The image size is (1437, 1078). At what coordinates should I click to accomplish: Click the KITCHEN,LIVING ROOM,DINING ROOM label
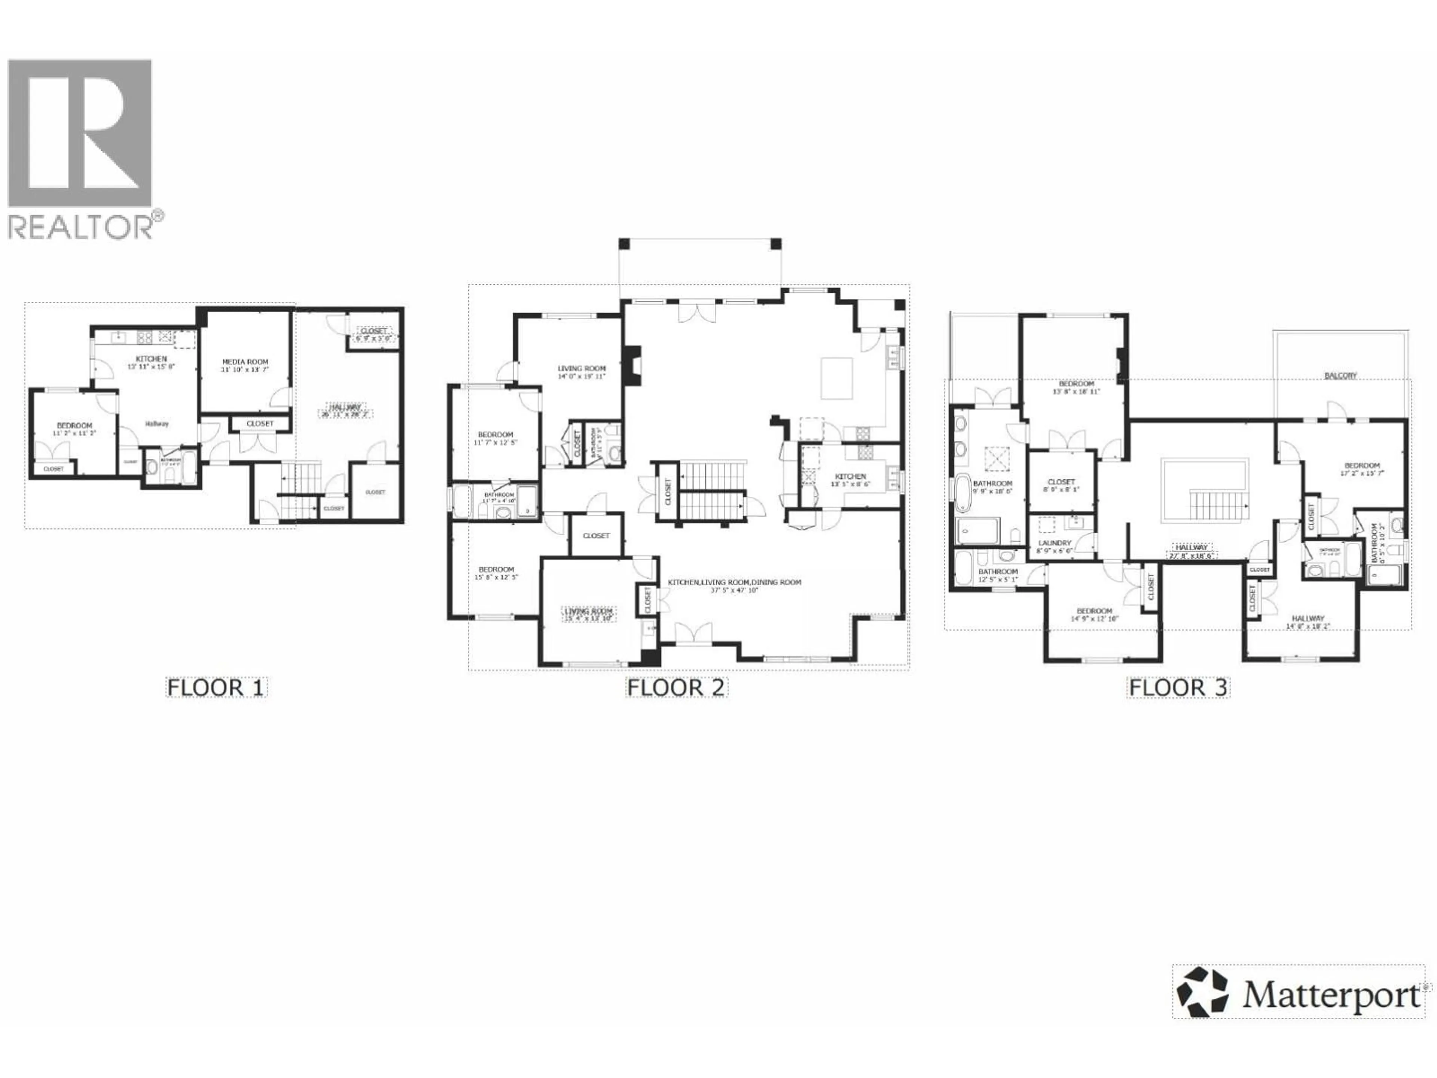coord(734,582)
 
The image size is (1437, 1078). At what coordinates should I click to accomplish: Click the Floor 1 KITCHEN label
coord(151,359)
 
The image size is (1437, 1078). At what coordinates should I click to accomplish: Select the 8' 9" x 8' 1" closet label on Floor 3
coord(1062,485)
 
